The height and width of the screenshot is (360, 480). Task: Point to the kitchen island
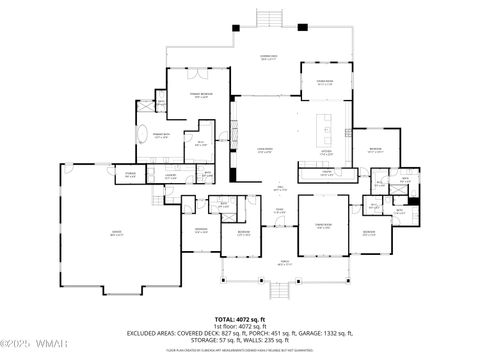(327, 128)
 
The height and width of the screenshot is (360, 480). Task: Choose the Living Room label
(267, 152)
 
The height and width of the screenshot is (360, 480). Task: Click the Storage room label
(130, 176)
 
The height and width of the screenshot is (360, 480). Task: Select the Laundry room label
(171, 177)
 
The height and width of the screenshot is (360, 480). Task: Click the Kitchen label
(327, 153)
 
